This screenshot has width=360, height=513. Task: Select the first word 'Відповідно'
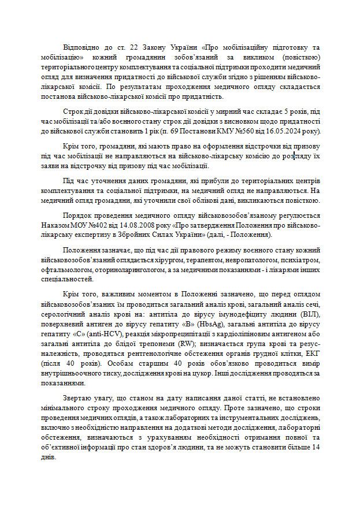pos(83,46)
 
